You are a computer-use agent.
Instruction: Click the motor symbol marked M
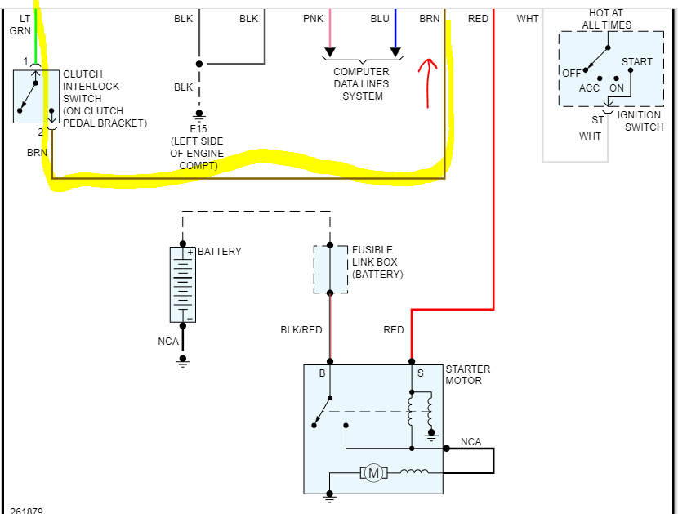[x=373, y=472]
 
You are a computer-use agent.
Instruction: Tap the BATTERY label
[x=220, y=252]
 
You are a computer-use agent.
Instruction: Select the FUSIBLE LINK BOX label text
[x=377, y=262]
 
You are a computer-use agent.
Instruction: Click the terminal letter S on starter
[x=421, y=373]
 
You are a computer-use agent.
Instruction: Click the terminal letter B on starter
[x=322, y=373]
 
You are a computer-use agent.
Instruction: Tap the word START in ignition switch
[x=636, y=62]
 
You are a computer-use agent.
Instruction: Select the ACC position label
[x=589, y=88]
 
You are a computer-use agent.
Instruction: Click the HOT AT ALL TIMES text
[x=606, y=20]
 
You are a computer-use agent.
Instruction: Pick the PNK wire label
[x=312, y=18]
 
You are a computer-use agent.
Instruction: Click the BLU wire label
[x=380, y=18]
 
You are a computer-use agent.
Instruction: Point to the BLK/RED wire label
[x=301, y=330]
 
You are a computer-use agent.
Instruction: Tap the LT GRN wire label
[x=20, y=24]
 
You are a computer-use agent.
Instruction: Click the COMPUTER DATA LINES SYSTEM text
[x=362, y=83]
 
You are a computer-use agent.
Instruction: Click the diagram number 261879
[x=27, y=511]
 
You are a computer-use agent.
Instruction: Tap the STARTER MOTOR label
[x=467, y=375]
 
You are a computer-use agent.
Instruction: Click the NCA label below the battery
[x=168, y=341]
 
